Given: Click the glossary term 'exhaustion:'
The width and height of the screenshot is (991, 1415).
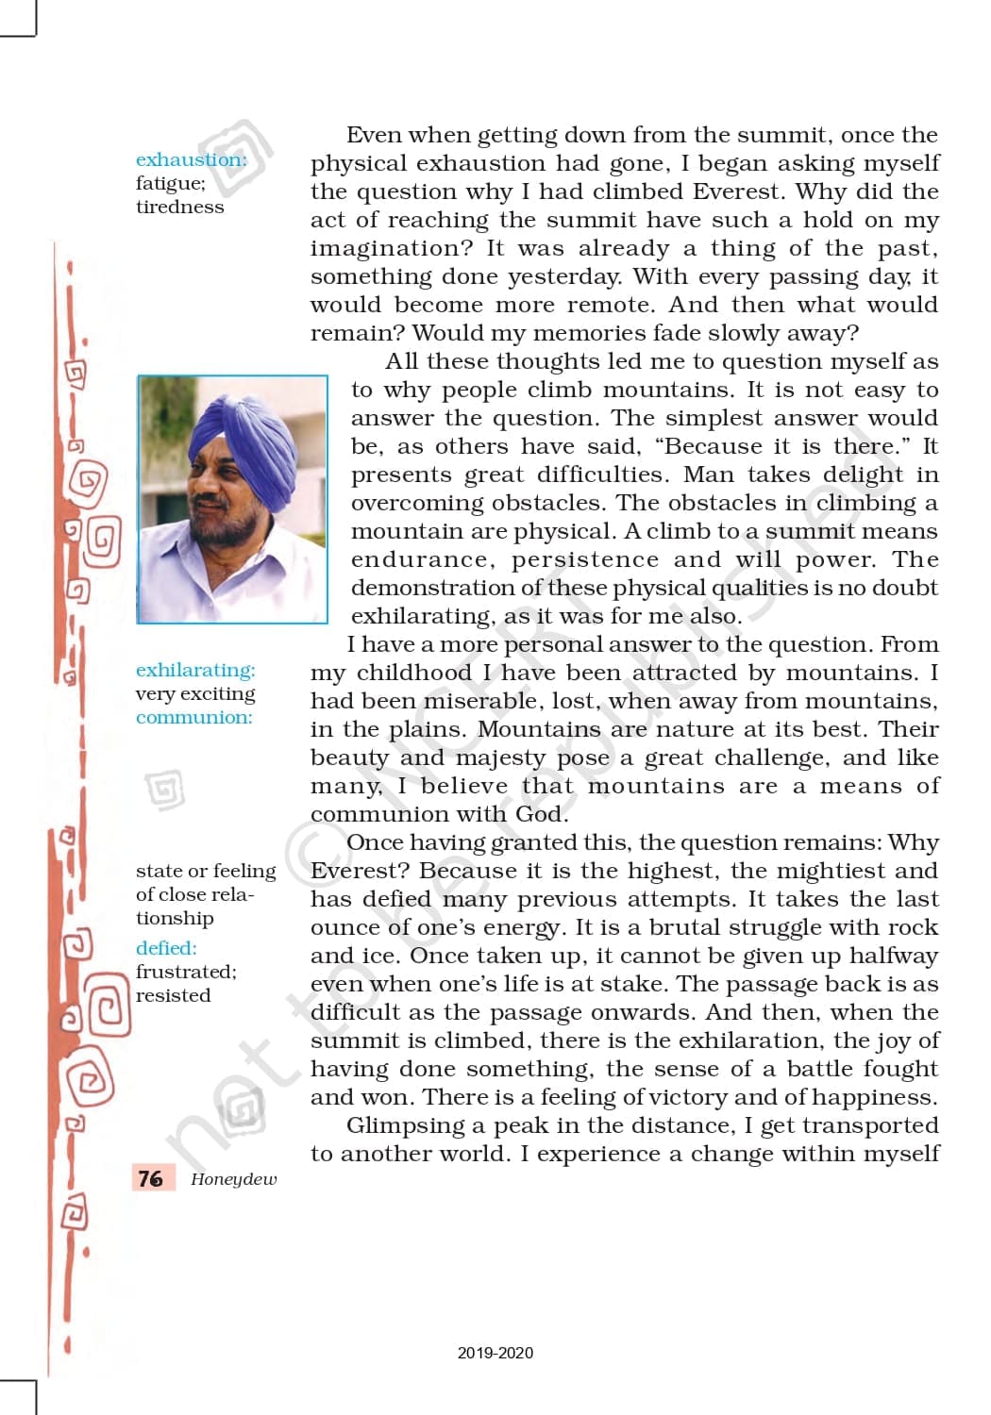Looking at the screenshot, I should click(191, 159).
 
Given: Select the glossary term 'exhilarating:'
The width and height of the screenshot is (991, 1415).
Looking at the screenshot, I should click(195, 670).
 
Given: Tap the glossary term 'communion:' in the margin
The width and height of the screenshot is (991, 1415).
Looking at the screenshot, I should click(194, 717).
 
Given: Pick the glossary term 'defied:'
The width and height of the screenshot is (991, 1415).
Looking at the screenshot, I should click(166, 948).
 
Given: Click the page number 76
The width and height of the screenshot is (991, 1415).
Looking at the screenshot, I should click(150, 1178).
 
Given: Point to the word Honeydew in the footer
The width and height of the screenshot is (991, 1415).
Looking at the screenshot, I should click(233, 1179).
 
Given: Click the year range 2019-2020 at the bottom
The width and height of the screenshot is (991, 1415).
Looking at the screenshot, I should click(495, 1353).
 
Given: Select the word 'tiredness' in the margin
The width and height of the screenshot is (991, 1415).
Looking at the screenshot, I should click(179, 208).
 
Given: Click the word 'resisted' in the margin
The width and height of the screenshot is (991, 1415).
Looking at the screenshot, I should click(173, 995).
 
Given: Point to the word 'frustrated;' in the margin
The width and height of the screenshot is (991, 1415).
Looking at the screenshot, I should click(186, 972).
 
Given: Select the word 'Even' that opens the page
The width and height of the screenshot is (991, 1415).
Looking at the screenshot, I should click(373, 135).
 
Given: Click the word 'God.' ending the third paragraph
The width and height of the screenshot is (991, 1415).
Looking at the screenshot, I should click(542, 814).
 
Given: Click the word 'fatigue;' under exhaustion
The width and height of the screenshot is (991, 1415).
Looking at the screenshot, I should click(170, 184).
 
